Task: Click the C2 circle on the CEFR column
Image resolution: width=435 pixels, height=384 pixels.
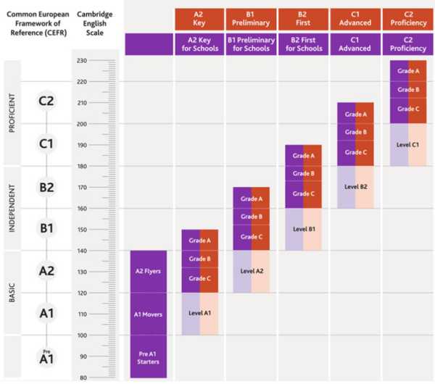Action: [x=46, y=101]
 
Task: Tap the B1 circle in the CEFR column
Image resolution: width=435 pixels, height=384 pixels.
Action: [x=46, y=229]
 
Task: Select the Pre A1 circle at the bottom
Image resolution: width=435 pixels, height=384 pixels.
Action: [x=46, y=356]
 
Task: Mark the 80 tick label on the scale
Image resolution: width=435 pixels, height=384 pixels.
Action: [x=83, y=377]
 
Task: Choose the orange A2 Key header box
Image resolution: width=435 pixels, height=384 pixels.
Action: [x=199, y=19]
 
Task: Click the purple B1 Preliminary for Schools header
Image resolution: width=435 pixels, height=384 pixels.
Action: [x=251, y=43]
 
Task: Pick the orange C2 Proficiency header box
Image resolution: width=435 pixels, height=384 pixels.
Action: [x=407, y=19]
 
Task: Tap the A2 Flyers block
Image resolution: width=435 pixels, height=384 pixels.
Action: [x=149, y=272]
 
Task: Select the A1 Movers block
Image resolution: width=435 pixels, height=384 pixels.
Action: [x=149, y=314]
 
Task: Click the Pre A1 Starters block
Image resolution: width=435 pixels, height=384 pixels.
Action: [x=149, y=356]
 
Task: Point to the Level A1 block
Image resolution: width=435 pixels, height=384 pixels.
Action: [x=199, y=313]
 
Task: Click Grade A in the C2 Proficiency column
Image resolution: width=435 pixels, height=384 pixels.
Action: [x=407, y=71]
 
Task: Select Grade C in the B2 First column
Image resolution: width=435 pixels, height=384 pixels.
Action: [x=303, y=193]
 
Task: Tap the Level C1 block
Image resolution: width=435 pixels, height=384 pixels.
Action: [x=407, y=144]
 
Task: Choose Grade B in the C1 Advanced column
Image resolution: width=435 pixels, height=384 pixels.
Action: [x=355, y=133]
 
